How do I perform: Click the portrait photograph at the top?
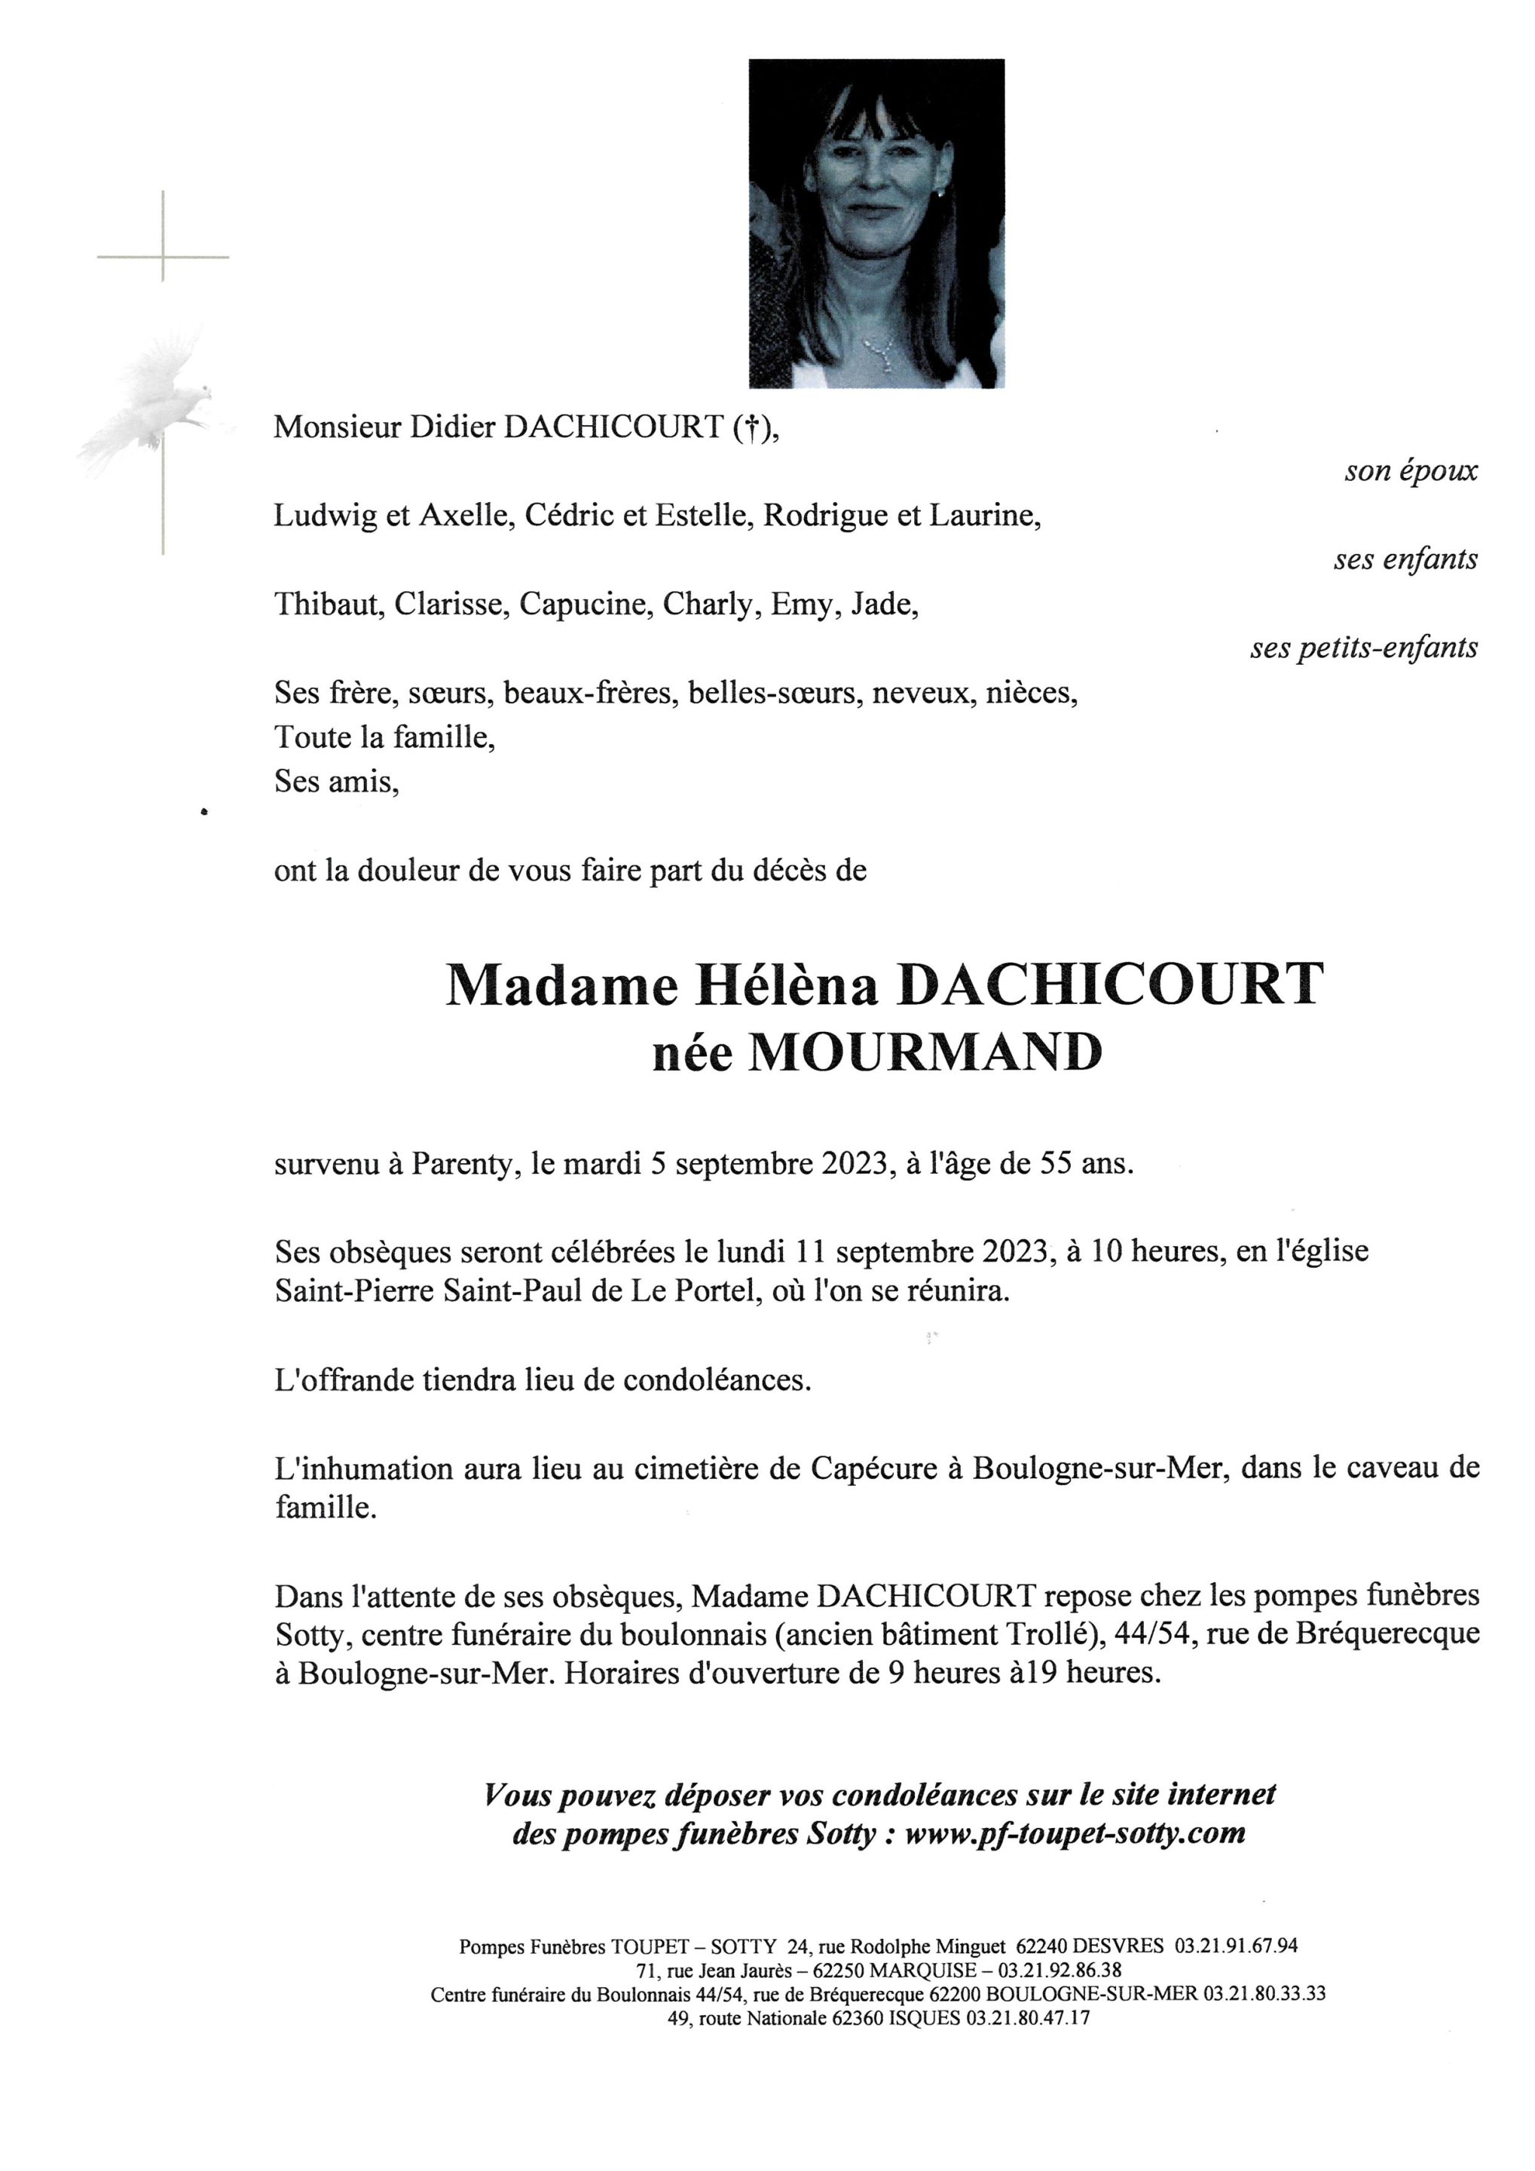876,223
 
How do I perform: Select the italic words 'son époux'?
1410,471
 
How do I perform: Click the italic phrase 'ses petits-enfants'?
1363,647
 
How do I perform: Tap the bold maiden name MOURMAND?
925,1052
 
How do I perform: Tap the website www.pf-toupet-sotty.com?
1075,1833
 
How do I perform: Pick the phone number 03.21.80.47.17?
1026,2018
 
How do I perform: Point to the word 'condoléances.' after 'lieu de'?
717,1380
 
